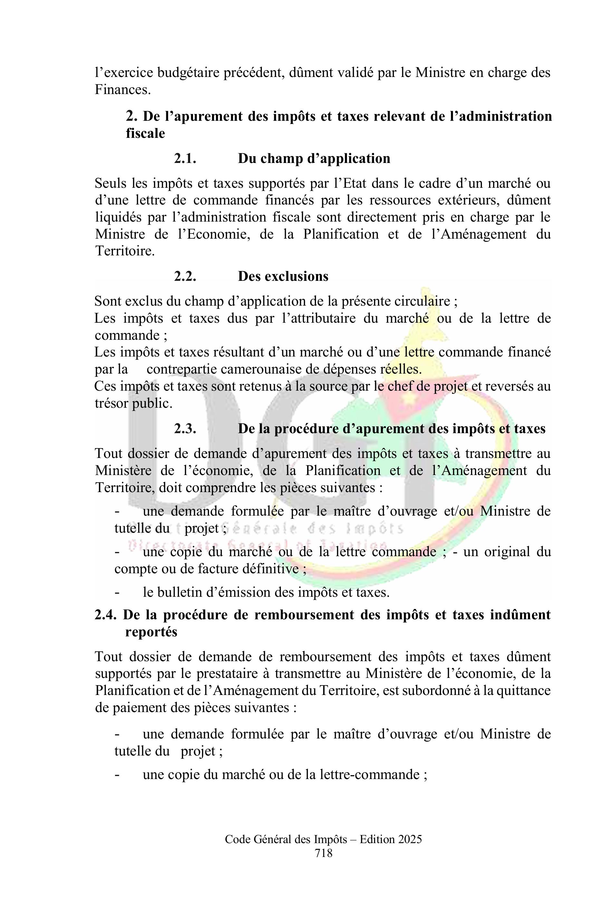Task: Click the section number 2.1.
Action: pyautogui.click(x=185, y=159)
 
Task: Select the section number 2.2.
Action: pyautogui.click(x=185, y=276)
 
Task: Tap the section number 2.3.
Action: pyautogui.click(x=185, y=429)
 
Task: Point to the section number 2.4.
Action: pyautogui.click(x=106, y=615)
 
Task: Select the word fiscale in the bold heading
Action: pyautogui.click(x=145, y=134)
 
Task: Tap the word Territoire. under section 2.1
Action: pyautogui.click(x=125, y=251)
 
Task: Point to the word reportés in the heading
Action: pyautogui.click(x=151, y=632)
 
